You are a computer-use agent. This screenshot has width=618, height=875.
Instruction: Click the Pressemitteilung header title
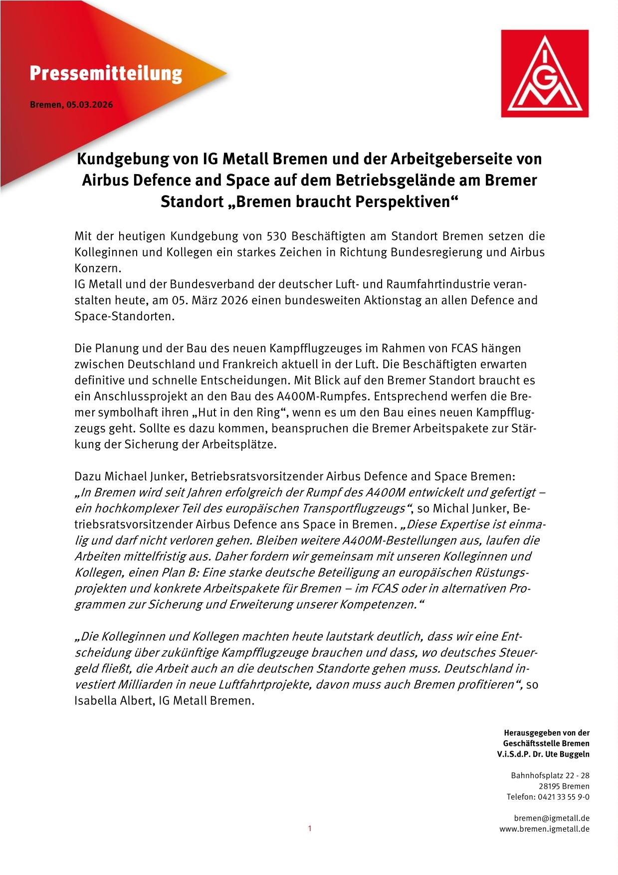(x=106, y=74)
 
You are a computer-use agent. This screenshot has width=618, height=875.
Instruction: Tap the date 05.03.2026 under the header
(x=89, y=105)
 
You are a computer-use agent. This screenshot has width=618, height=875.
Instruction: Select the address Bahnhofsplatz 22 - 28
(x=550, y=776)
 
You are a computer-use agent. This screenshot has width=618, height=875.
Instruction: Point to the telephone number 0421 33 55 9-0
(x=563, y=797)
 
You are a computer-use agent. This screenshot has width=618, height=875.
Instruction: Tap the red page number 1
(x=310, y=829)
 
